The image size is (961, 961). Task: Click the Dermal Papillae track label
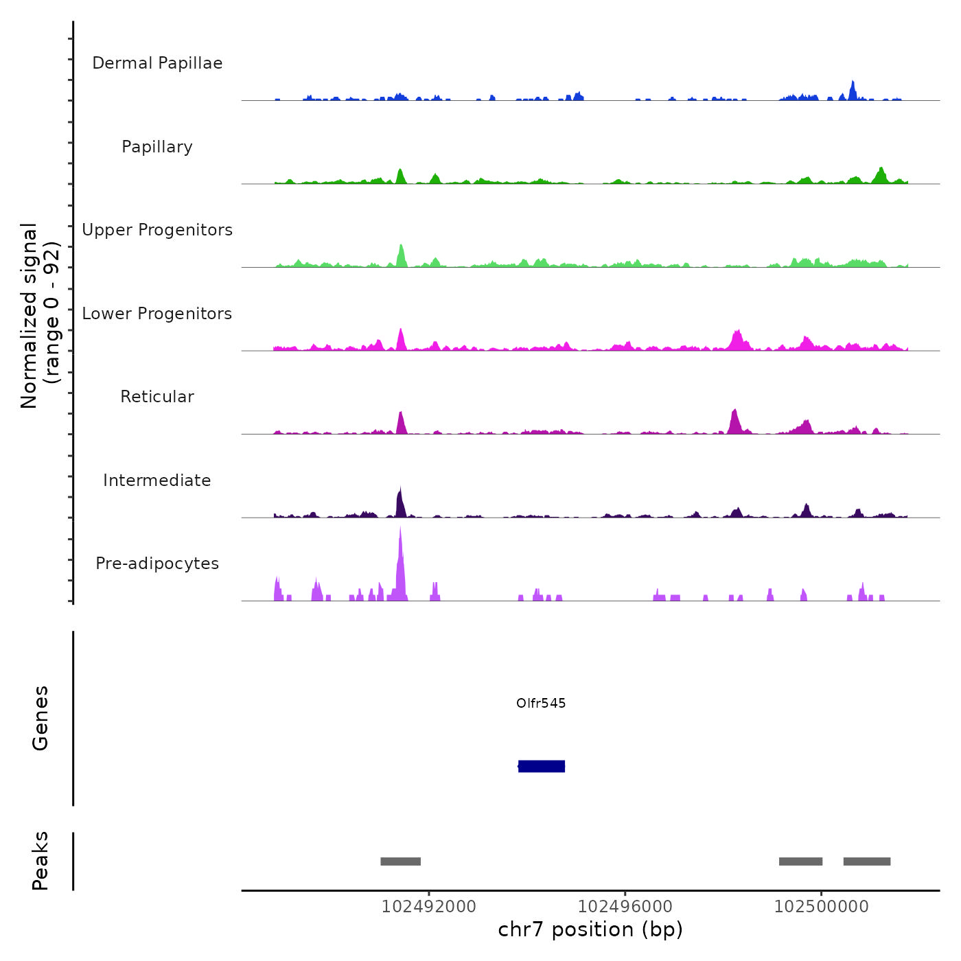[157, 63]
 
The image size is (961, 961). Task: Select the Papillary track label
[157, 147]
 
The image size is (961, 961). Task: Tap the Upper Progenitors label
[157, 230]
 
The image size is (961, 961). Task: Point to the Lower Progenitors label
[157, 314]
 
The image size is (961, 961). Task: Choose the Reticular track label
[157, 397]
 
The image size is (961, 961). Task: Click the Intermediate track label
[157, 480]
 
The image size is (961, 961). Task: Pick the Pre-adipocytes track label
[157, 564]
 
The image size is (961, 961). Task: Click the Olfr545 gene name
[541, 703]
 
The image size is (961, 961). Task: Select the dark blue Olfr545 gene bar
[542, 766]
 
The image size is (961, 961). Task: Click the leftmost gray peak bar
[401, 861]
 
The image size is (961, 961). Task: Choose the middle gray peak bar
[800, 861]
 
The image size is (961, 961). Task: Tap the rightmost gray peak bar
[867, 861]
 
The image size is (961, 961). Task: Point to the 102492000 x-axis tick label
[429, 907]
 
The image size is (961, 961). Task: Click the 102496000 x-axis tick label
[625, 907]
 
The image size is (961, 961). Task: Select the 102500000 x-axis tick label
[822, 907]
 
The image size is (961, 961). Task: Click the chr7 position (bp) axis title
[590, 929]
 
